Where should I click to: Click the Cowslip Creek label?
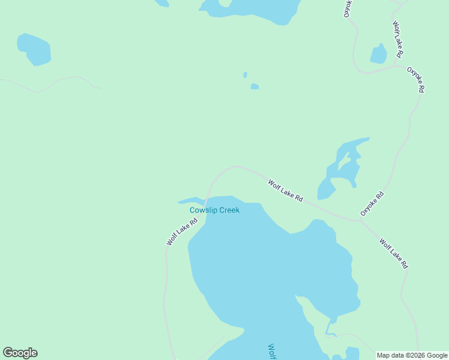[x=214, y=210]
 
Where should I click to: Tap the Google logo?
[x=20, y=353]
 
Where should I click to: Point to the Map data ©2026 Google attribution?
[x=412, y=355]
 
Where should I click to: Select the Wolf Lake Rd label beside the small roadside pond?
[x=397, y=40]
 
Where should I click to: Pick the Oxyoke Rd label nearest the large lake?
[x=372, y=203]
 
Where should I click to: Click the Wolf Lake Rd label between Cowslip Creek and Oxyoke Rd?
[x=285, y=191]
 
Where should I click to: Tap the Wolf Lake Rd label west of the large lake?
[x=182, y=232]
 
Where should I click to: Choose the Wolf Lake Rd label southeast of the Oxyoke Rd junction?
[x=394, y=253]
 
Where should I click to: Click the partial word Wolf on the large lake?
[x=271, y=352]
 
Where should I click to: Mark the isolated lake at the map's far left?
[x=34, y=49]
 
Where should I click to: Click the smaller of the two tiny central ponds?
[x=245, y=75]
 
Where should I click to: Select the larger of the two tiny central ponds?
[x=255, y=86]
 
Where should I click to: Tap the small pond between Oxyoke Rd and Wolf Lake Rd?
[x=379, y=54]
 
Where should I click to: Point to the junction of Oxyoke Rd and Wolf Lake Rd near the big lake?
[x=360, y=220]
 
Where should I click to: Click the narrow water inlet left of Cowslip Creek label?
[x=191, y=200]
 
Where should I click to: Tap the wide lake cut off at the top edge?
[x=252, y=7]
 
